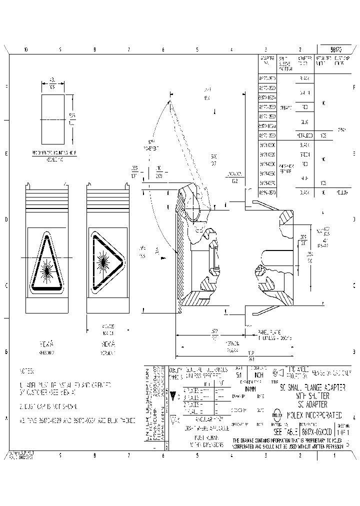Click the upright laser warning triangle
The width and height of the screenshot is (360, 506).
[x=46, y=262]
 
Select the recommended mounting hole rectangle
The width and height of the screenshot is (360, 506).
[x=52, y=119]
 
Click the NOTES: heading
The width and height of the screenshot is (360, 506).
[x=26, y=371]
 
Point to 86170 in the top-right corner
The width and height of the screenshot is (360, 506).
[x=336, y=50]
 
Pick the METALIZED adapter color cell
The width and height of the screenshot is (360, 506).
[x=304, y=135]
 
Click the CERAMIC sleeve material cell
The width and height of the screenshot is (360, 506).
[x=284, y=107]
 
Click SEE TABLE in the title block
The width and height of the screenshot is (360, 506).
[x=286, y=431]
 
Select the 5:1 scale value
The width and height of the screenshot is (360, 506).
[x=238, y=374]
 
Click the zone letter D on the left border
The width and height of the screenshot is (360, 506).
[x=6, y=219]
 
